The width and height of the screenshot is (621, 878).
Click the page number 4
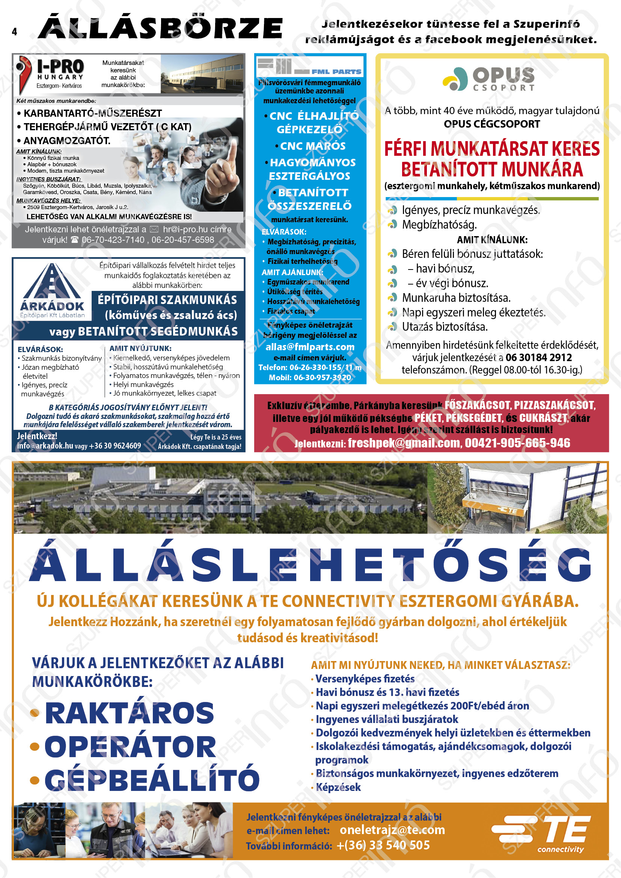pyautogui.click(x=15, y=32)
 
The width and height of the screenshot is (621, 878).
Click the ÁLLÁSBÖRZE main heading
pyautogui.click(x=160, y=28)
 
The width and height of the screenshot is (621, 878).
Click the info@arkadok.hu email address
pyautogui.click(x=45, y=446)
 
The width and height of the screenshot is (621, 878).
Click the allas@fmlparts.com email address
pyautogui.click(x=310, y=347)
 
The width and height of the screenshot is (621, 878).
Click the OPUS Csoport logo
pyautogui.click(x=489, y=79)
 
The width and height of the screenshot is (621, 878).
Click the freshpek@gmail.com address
pyautogui.click(x=404, y=443)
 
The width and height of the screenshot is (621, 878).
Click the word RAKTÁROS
pyautogui.click(x=129, y=713)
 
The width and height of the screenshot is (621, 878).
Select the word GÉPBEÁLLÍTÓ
pyautogui.click(x=152, y=780)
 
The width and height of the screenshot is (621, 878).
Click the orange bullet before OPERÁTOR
pyautogui.click(x=35, y=746)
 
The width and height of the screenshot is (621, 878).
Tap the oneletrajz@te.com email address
pyautogui.click(x=392, y=830)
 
